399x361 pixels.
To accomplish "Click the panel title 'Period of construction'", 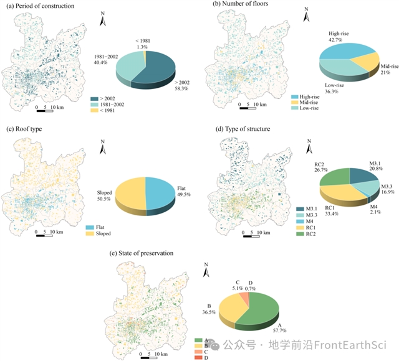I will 44,6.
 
